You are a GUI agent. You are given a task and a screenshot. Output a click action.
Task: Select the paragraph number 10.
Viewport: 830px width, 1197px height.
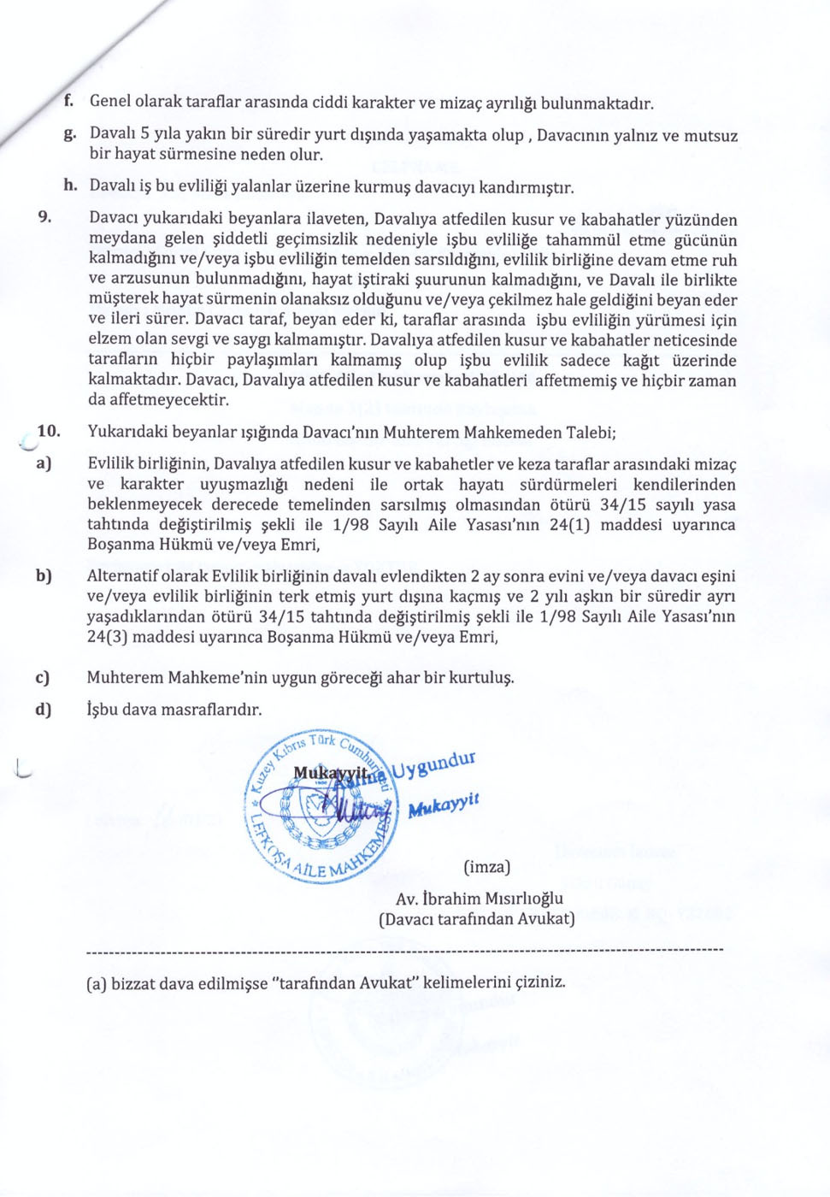pos(48,430)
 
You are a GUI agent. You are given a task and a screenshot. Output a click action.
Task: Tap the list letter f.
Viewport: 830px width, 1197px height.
pos(68,101)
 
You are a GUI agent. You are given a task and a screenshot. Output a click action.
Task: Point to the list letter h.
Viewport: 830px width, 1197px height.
pos(70,185)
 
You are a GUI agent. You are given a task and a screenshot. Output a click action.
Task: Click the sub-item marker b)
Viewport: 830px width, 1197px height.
pos(43,575)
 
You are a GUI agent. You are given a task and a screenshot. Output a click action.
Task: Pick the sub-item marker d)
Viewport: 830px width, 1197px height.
pos(43,709)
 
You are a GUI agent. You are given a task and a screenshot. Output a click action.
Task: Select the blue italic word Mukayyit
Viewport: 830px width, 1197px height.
pos(444,805)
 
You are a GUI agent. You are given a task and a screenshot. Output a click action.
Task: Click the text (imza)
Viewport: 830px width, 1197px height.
pos(486,866)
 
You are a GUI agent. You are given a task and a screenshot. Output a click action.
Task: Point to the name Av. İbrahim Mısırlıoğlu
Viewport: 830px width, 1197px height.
pos(479,898)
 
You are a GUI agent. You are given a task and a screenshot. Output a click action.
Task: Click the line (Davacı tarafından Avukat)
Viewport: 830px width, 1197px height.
pos(476,918)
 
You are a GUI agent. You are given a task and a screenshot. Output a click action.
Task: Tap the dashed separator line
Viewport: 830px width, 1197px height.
pos(405,950)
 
